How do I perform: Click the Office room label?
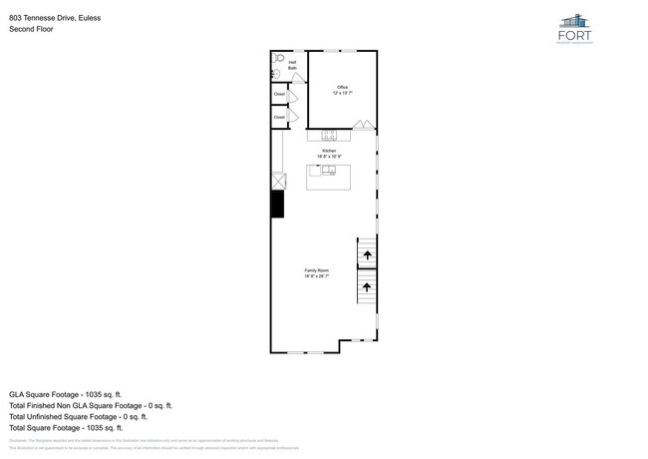click(342, 90)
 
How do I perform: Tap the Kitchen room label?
click(329, 153)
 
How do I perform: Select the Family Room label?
click(316, 272)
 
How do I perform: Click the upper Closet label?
click(279, 95)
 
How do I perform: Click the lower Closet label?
click(279, 117)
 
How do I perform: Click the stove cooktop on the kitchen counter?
click(329, 135)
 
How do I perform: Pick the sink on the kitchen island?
click(329, 171)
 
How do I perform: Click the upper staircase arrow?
click(367, 255)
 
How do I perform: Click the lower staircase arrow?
click(367, 287)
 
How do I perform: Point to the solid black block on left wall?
click(277, 204)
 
